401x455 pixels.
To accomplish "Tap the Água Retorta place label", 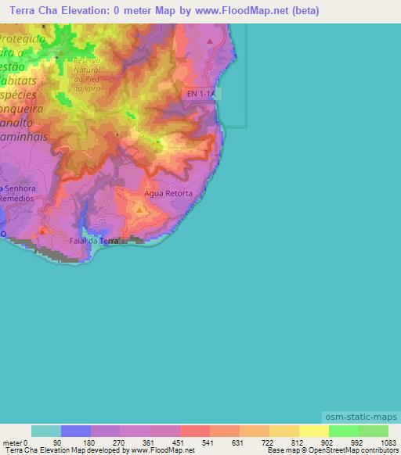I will click(168, 192).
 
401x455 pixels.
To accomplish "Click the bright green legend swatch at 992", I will click(343, 431).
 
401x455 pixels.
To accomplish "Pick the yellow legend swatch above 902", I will click(313, 431).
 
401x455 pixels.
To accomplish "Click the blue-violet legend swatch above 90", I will click(76, 431).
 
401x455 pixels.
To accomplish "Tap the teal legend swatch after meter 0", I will click(46, 431).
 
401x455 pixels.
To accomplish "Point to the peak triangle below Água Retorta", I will click(139, 210).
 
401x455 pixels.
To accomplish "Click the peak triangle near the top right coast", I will click(210, 41).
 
